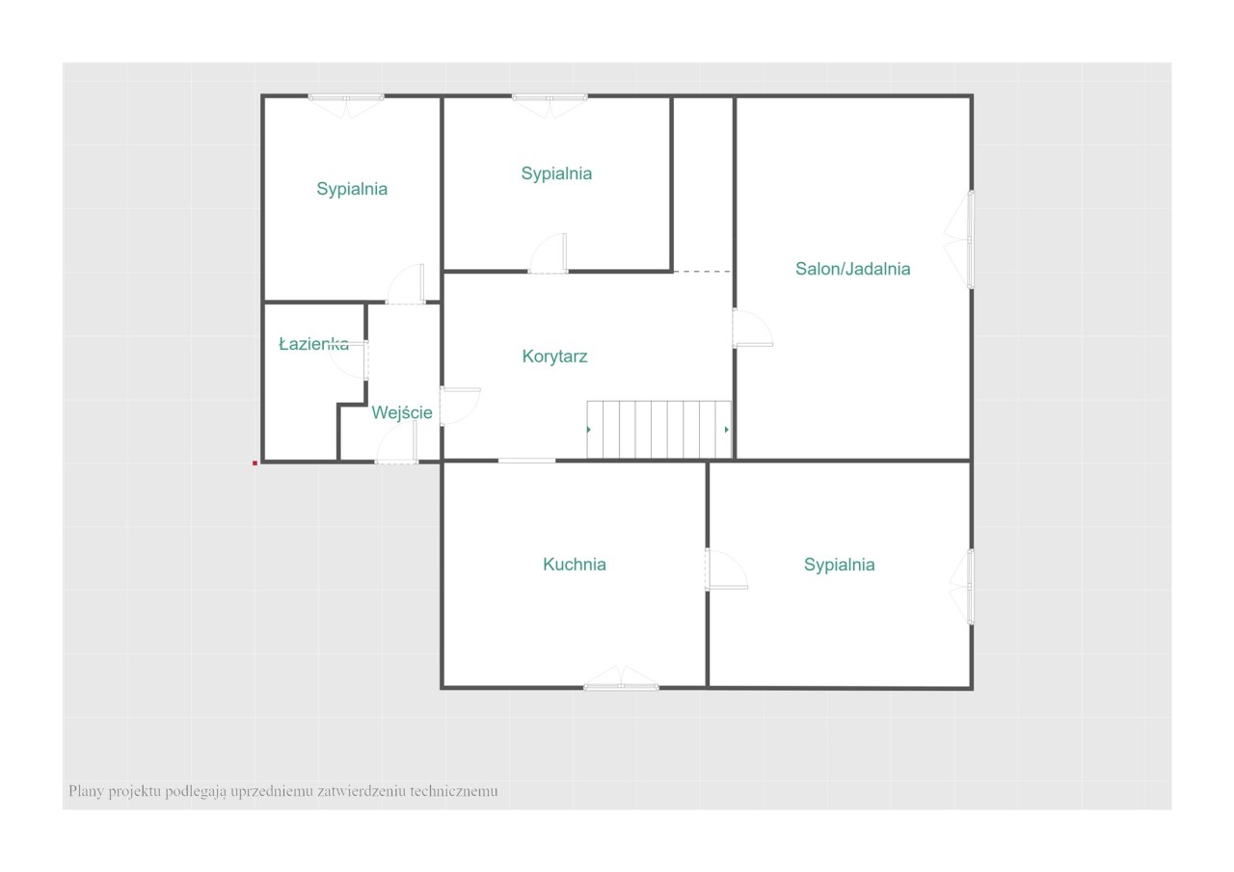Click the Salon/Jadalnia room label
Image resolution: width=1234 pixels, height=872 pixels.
click(852, 269)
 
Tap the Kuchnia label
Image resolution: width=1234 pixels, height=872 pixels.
click(574, 565)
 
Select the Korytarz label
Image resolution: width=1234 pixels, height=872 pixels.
click(554, 357)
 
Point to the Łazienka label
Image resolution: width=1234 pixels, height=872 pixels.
click(313, 344)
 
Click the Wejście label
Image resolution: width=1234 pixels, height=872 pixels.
click(402, 412)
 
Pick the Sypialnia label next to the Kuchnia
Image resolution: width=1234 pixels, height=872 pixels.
click(839, 565)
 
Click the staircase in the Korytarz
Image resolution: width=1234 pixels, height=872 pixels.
click(658, 430)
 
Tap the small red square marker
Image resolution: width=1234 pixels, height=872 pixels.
click(255, 462)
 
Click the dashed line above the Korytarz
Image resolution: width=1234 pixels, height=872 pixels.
click(703, 272)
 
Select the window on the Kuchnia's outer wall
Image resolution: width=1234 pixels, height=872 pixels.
click(621, 677)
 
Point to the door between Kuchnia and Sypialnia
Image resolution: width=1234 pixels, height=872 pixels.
click(726, 569)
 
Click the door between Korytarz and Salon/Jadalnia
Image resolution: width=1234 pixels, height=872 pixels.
click(752, 329)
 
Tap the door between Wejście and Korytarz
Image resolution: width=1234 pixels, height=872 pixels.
click(460, 407)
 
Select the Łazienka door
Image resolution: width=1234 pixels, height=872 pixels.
click(349, 360)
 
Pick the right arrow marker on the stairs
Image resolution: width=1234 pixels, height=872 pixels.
click(727, 430)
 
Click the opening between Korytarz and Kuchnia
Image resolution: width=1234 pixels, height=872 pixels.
click(526, 461)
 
